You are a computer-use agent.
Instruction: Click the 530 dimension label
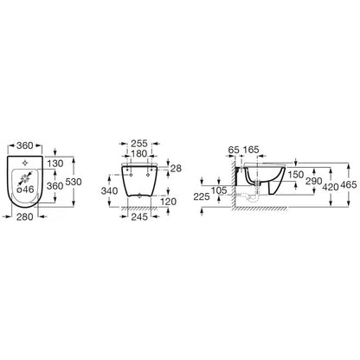tap(74, 182)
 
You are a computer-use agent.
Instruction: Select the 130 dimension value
tap(55, 164)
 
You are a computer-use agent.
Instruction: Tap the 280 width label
tap(25, 216)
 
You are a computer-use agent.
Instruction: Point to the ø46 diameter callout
tap(25, 190)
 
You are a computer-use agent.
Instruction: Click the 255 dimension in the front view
tap(139, 144)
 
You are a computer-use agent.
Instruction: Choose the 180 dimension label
tap(139, 154)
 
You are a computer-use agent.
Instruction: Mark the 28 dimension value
tap(176, 168)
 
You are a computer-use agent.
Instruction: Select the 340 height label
tap(109, 190)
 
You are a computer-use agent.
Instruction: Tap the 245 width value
tap(139, 216)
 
